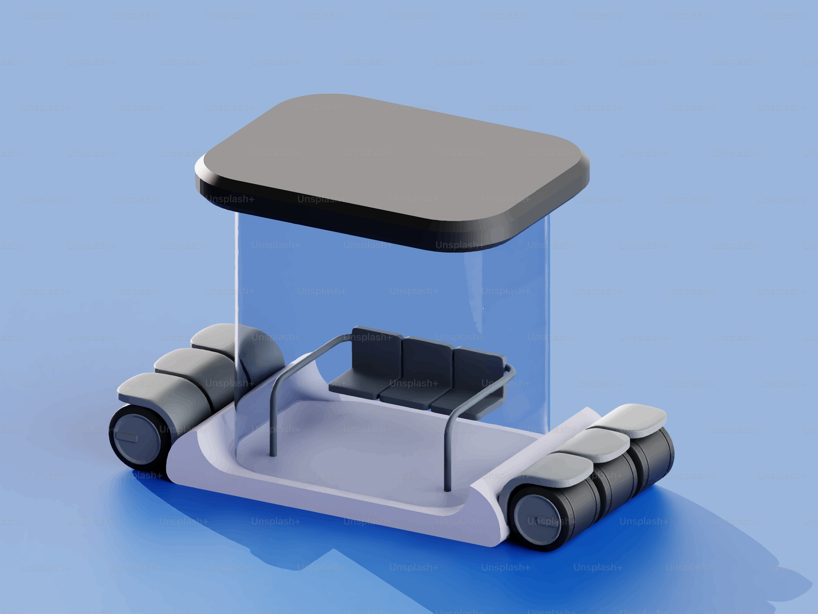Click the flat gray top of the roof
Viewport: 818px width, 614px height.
tap(392, 155)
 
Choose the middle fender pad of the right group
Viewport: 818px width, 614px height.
tap(595, 442)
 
